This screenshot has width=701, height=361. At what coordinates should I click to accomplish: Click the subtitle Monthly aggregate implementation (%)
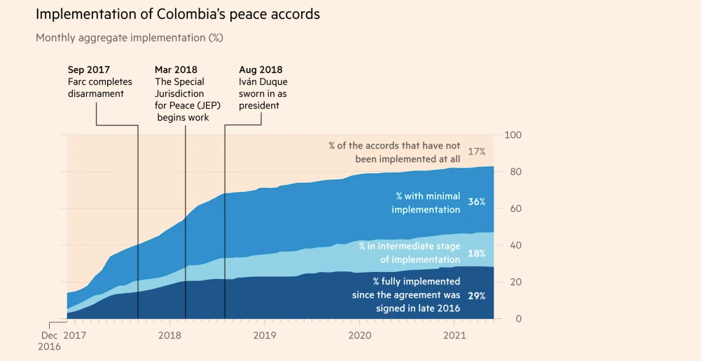130,38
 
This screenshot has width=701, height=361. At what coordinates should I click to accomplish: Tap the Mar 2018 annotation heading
176,70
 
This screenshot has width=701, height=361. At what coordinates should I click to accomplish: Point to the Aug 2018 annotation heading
261,70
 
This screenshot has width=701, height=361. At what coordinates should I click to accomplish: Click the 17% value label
477,151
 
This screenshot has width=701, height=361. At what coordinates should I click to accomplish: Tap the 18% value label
477,253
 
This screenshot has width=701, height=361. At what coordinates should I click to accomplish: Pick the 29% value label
477,296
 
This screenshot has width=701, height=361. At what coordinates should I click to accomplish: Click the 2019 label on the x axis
265,336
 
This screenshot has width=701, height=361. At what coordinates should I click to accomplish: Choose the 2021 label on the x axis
455,336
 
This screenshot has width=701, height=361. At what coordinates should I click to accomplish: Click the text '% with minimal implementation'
426,203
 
